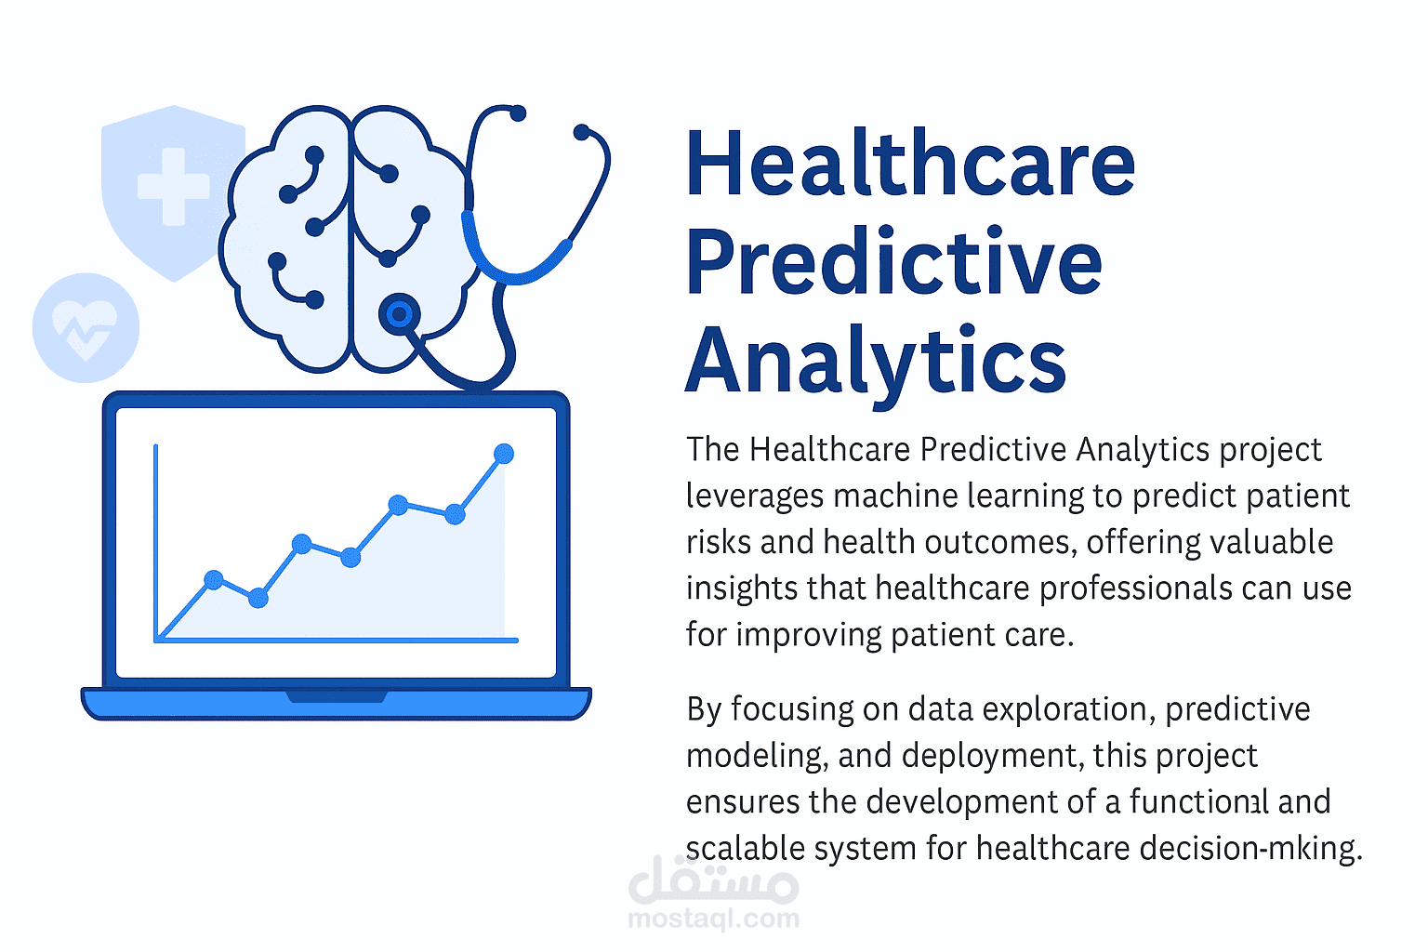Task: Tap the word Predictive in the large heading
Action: pos(894,262)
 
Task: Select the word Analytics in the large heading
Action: pos(876,361)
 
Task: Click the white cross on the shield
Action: pos(173,187)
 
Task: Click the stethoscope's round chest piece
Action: pos(400,314)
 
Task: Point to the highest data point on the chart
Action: pos(504,454)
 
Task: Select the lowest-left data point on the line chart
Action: pos(214,580)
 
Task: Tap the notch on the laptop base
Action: pos(336,696)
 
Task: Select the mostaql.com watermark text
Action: pos(713,919)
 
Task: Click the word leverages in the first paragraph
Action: pos(755,496)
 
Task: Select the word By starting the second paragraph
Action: pos(705,709)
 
